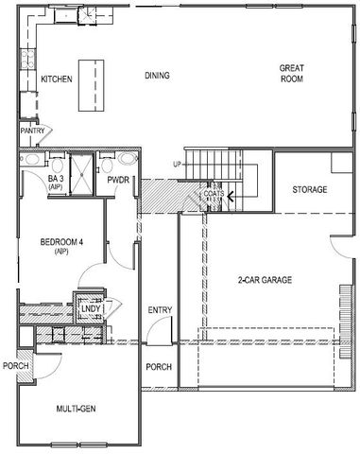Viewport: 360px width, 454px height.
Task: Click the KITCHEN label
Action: (x=57, y=79)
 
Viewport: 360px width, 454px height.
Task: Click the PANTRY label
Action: (x=33, y=131)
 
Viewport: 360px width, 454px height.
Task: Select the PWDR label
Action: (x=118, y=179)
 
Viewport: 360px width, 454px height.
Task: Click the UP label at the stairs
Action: (x=176, y=165)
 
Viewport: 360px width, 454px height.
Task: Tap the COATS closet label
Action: (x=214, y=194)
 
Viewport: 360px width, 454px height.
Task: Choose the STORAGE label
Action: (x=308, y=190)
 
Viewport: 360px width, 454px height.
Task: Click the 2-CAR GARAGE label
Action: (x=265, y=281)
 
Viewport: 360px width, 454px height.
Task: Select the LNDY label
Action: (x=91, y=309)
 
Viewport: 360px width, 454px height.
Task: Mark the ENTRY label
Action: (x=159, y=310)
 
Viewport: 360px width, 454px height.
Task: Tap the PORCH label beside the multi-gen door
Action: (x=14, y=366)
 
